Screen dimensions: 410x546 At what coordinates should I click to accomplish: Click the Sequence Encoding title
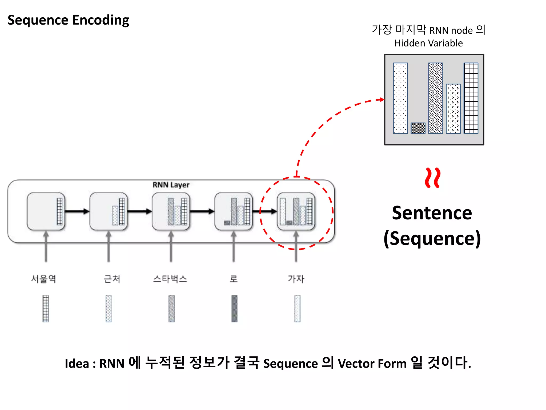point(68,20)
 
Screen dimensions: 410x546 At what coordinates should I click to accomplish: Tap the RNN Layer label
point(171,185)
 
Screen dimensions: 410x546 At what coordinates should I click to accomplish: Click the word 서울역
point(43,279)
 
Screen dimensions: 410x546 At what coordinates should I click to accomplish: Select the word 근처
point(112,279)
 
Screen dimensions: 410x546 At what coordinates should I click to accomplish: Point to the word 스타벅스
point(170,279)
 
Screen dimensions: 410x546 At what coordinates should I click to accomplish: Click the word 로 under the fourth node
point(234,279)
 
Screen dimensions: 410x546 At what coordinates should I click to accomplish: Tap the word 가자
point(296,279)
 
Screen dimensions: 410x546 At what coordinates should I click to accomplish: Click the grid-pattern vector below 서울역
point(46,308)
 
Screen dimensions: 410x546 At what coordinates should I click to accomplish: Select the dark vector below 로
point(234,308)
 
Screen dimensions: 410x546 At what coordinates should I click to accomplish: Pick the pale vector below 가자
point(297,308)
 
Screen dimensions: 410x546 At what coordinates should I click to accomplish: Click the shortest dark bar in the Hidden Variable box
point(418,128)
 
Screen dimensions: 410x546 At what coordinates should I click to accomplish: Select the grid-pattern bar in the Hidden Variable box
point(471,98)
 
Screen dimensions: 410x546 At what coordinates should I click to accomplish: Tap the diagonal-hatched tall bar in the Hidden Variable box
point(435,98)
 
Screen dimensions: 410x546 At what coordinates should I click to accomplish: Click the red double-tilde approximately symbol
point(432,178)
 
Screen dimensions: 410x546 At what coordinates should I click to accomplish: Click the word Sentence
point(432,213)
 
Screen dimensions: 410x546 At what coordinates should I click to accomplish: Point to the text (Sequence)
point(432,238)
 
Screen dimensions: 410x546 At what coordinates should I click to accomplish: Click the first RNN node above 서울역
point(46,211)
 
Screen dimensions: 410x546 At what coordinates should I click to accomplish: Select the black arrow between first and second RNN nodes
point(77,211)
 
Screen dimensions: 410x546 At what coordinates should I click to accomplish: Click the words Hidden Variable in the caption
point(428,43)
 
